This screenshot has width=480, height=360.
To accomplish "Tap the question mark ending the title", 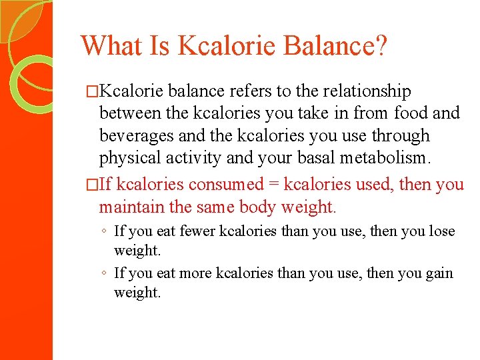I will (x=381, y=45).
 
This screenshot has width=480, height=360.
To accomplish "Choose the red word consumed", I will (x=227, y=185).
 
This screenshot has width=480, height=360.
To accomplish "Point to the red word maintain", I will (x=132, y=207).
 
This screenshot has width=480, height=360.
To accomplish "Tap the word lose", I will (x=442, y=232).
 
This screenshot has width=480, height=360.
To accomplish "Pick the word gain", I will (x=439, y=273).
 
